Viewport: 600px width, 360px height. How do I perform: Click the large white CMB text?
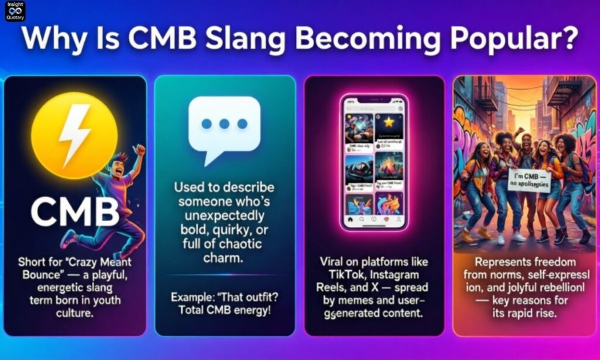point(75,211)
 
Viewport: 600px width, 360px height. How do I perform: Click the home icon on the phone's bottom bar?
point(350,221)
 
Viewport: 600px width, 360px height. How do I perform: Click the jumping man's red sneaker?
point(69,239)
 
